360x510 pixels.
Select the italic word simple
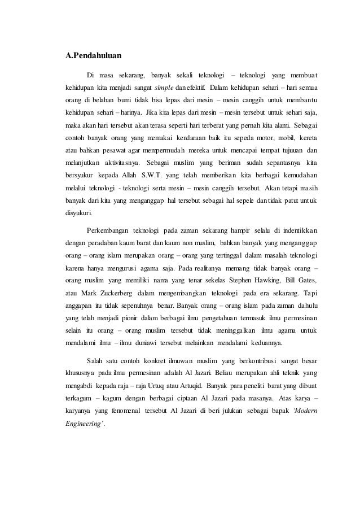coord(158,88)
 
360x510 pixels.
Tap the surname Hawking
coord(266,281)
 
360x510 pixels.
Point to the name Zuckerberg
coord(118,294)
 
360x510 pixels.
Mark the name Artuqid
coord(194,386)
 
